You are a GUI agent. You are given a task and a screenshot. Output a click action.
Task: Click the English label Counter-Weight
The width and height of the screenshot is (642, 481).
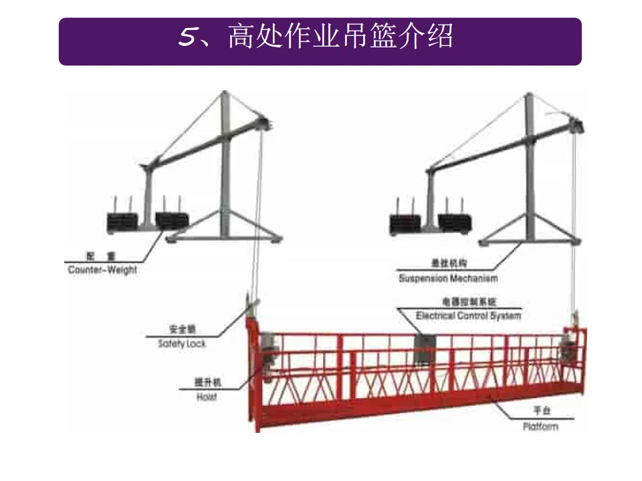click(102, 271)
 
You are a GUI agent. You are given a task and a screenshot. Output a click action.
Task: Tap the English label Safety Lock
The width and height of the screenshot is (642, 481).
click(182, 343)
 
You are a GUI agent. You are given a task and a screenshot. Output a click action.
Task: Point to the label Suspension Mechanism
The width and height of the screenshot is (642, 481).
click(448, 278)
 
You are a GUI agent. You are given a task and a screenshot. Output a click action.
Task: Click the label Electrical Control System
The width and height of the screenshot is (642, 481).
click(468, 315)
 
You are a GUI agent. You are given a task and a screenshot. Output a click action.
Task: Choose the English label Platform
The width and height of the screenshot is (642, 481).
click(540, 426)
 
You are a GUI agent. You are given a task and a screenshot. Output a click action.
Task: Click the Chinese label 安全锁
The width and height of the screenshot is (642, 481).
click(182, 330)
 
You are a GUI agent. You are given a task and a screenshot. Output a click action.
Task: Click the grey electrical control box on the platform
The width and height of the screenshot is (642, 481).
click(423, 348)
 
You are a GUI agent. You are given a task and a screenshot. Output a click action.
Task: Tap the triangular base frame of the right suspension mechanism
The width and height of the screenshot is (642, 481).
click(528, 228)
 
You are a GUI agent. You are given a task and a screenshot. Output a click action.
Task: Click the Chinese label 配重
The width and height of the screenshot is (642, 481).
click(102, 257)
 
